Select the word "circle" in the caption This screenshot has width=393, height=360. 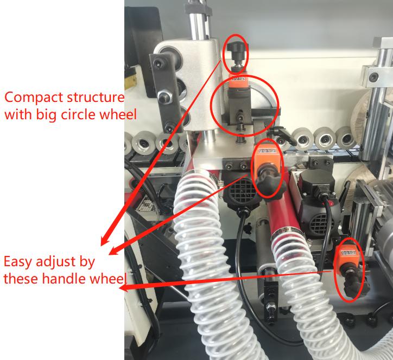(79, 114)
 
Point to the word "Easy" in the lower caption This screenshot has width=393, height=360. (18, 262)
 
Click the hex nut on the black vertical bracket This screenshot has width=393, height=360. (163, 96)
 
